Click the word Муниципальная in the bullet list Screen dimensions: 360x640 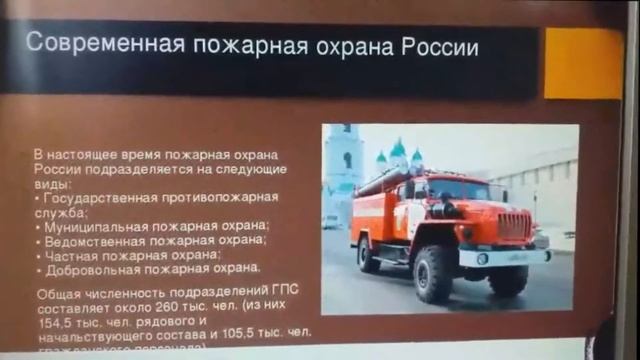click(90, 226)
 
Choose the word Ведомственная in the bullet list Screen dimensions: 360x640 click(90, 240)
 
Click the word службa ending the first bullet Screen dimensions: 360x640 click(56, 212)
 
